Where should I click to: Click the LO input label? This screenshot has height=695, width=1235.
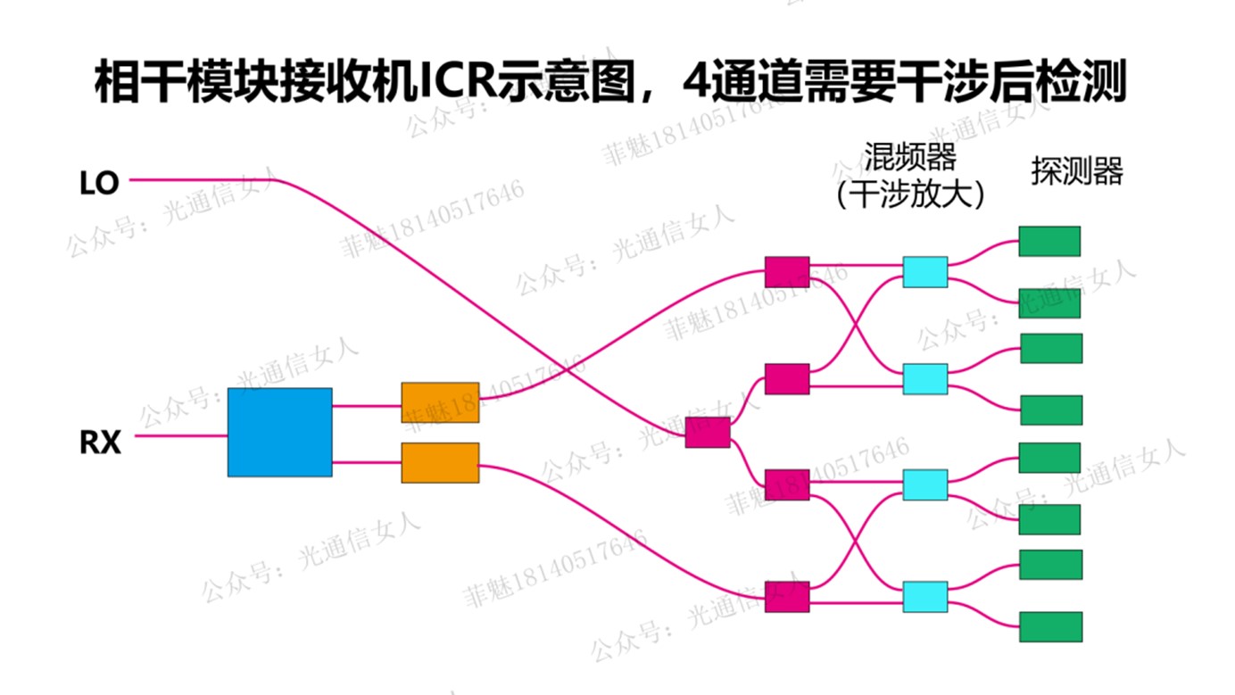pos(99,184)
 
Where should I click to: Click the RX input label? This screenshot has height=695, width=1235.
pos(100,443)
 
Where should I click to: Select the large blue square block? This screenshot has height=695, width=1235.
pos(279,432)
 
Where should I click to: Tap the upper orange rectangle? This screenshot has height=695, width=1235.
pos(439,401)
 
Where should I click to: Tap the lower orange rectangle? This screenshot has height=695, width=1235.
pos(439,462)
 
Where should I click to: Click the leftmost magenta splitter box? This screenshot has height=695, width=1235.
pos(708,432)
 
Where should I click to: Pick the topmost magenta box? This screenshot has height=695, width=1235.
pos(787,271)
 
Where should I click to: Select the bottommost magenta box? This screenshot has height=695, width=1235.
pos(787,596)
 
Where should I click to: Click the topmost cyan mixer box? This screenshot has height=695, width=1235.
pos(924,271)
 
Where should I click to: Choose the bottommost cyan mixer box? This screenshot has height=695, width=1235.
pos(924,596)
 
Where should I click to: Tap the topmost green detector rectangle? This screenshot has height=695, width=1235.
pos(1049,241)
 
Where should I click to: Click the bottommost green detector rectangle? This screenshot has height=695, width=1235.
pos(1050,626)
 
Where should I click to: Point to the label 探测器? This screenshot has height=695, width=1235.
pos(1076,171)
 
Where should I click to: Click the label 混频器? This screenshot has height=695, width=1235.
pos(909,157)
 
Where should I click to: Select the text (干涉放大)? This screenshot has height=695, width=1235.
pos(909,195)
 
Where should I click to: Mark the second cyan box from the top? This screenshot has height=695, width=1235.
pos(924,378)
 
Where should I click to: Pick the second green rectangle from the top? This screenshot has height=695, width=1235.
pos(1050,303)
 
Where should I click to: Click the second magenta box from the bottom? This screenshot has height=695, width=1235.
pos(787,484)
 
